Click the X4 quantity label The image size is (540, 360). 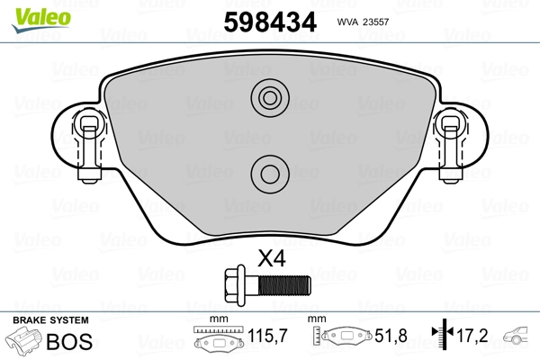[x=271, y=258]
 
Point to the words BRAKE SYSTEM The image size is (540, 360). [x=50, y=320]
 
